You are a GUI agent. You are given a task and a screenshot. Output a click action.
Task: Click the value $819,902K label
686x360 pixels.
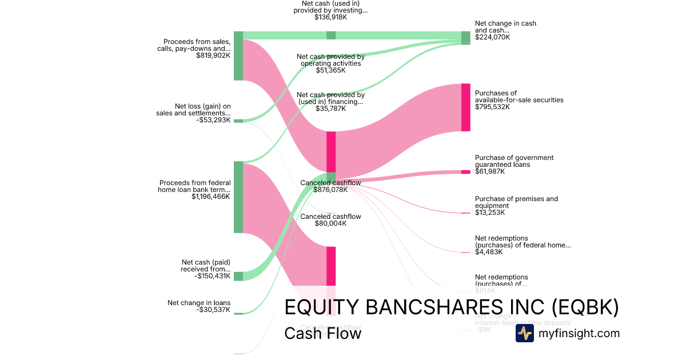(x=213, y=55)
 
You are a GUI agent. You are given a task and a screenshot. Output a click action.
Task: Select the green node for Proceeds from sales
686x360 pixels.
(x=238, y=56)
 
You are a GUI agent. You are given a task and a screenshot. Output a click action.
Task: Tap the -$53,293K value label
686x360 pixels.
(x=213, y=120)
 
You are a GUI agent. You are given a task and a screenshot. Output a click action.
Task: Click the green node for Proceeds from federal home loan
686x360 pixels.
(x=238, y=197)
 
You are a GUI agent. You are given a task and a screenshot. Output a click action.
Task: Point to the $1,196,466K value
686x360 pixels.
(x=211, y=197)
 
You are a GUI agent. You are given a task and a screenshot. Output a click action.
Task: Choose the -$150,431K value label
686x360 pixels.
(x=213, y=276)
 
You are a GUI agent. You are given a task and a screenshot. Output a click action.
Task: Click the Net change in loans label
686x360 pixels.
(x=199, y=303)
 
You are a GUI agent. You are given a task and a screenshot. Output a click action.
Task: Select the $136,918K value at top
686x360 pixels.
(x=330, y=17)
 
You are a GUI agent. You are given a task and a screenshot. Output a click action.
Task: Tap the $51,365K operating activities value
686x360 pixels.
(x=330, y=70)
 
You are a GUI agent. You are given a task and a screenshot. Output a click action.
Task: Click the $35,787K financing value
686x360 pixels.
(x=330, y=109)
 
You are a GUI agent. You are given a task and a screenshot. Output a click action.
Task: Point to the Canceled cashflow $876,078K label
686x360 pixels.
(x=330, y=186)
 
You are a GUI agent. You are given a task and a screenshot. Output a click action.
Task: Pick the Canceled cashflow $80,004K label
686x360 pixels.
(x=330, y=220)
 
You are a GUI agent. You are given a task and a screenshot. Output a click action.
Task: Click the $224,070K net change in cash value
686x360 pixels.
(x=492, y=37)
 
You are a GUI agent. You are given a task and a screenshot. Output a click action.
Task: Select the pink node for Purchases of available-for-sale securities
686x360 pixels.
(x=466, y=107)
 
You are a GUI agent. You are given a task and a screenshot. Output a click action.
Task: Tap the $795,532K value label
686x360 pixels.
(x=492, y=107)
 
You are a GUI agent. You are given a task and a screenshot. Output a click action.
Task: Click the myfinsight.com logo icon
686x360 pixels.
(x=524, y=333)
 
